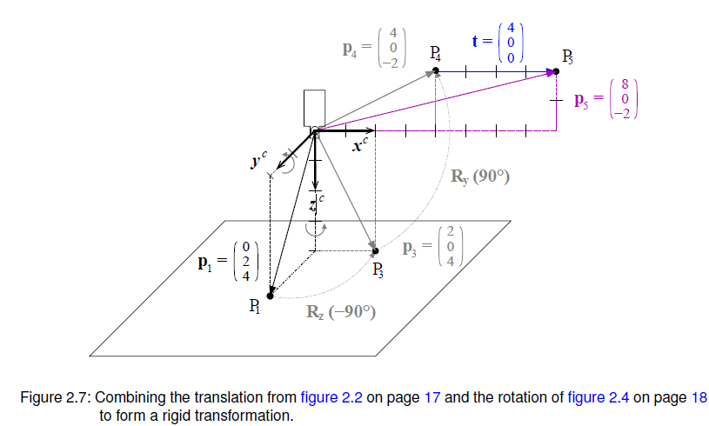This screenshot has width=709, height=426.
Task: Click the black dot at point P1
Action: (271, 296)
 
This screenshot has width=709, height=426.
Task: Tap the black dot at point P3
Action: (376, 251)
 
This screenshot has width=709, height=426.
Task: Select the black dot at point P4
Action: (436, 72)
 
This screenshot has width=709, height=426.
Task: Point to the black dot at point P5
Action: (557, 72)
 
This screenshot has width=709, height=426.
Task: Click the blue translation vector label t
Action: (476, 40)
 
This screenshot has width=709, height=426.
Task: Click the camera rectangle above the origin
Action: (313, 108)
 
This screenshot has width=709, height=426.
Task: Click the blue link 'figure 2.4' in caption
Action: (597, 398)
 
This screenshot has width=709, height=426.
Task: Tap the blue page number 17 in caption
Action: (432, 398)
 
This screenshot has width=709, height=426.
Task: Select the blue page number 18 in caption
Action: (699, 398)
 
